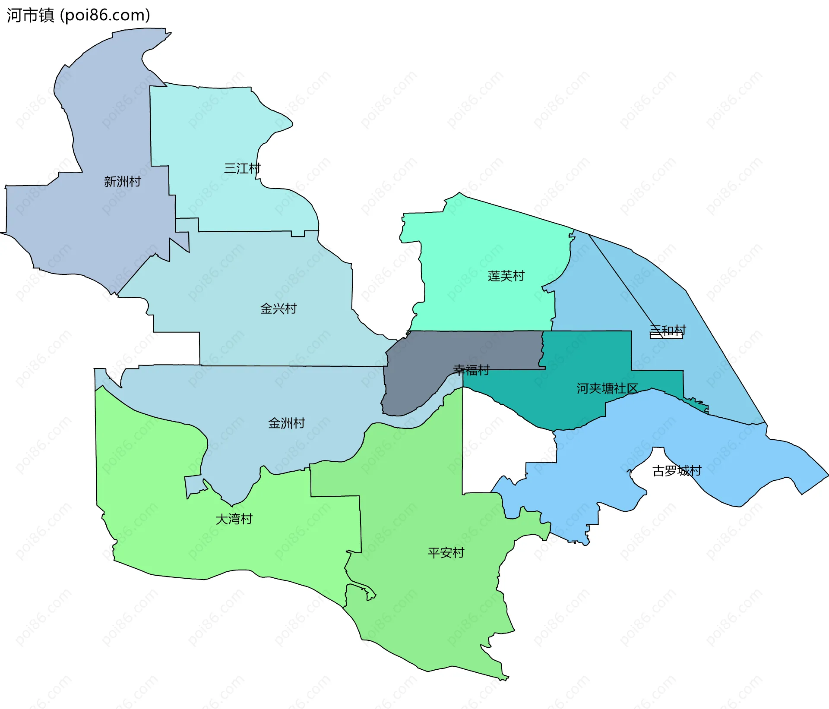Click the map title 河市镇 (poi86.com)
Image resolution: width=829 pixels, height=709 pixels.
(x=78, y=15)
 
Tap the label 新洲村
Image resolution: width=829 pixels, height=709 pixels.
(x=122, y=182)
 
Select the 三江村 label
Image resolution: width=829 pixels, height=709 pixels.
(x=242, y=168)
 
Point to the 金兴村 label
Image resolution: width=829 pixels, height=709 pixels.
(x=278, y=309)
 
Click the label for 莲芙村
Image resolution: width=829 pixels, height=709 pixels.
(x=506, y=276)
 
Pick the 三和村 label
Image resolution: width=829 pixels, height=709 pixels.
(x=668, y=330)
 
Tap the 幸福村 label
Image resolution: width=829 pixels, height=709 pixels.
(x=471, y=370)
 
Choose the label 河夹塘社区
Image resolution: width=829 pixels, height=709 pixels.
(x=607, y=388)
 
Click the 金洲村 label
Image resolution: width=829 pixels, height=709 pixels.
(x=287, y=423)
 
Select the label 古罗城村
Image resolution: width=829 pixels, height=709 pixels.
(x=677, y=470)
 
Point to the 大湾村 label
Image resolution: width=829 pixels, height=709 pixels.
(x=234, y=519)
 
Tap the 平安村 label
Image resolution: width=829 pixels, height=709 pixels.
(x=446, y=552)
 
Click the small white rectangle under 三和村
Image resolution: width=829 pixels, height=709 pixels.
(x=666, y=336)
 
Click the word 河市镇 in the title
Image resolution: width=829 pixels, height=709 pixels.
(x=30, y=15)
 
